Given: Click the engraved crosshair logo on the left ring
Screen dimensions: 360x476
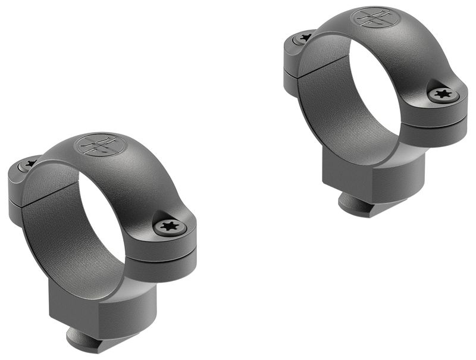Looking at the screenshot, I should click(x=99, y=145).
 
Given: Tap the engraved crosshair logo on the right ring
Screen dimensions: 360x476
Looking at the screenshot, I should click(x=375, y=17).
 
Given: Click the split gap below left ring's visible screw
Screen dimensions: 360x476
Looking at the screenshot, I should click(x=173, y=245).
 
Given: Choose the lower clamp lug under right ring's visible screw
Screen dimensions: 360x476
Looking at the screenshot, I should click(x=446, y=128).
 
